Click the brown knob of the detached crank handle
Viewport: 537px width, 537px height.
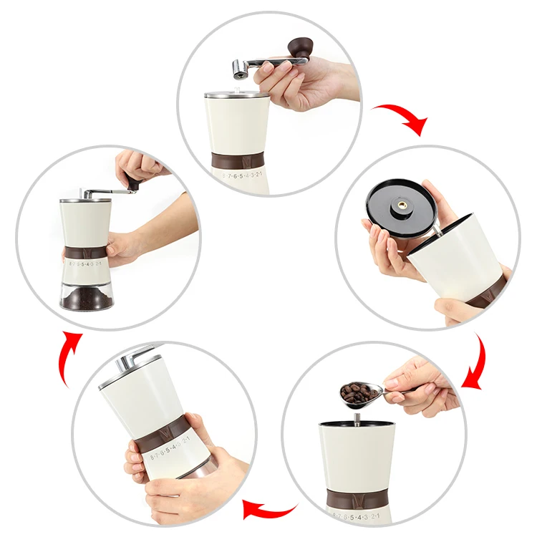point(298,48)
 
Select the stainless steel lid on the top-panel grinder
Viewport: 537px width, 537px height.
point(236,94)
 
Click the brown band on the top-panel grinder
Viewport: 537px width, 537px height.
point(240,160)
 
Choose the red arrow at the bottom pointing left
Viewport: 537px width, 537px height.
point(268,511)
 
